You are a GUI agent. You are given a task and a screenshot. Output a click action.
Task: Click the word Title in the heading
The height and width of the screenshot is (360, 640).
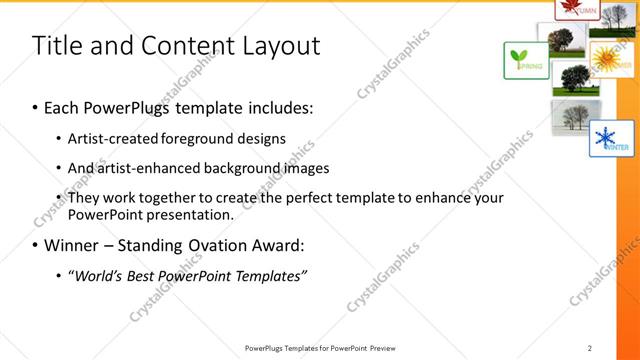[56, 46]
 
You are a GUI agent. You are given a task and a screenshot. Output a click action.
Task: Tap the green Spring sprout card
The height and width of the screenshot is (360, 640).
[523, 60]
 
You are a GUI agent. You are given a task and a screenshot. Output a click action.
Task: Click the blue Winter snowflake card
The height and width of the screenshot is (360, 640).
[611, 138]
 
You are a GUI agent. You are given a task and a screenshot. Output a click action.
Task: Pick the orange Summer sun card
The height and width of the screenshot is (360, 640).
[610, 59]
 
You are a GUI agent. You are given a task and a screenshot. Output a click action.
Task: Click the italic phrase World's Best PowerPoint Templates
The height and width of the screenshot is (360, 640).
[187, 274]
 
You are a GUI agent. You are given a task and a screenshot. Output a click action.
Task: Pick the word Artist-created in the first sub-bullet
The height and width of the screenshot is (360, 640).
[108, 138]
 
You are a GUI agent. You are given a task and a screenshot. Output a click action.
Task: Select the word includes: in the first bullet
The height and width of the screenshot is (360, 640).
[283, 105]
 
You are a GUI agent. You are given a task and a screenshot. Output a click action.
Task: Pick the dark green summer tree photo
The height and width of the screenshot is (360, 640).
[573, 78]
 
